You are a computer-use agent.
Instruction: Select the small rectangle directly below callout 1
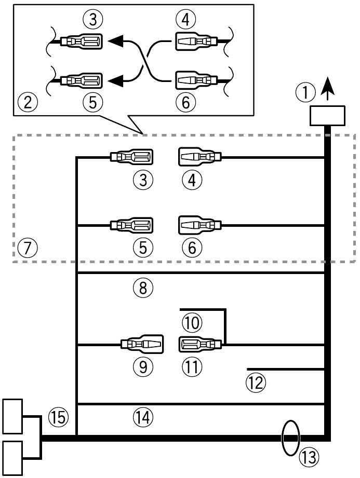326,116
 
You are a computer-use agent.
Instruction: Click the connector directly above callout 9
141,344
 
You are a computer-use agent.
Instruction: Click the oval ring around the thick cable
290,437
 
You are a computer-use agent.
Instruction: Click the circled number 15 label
59,416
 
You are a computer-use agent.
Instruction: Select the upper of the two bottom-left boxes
13,416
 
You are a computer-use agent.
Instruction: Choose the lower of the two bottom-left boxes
13,458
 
